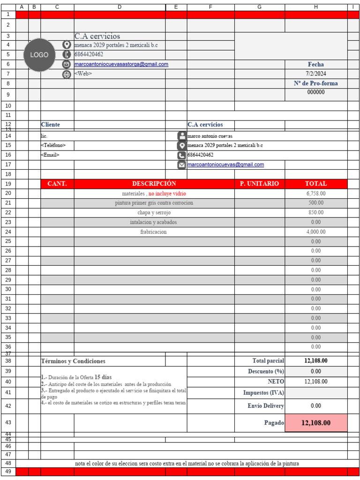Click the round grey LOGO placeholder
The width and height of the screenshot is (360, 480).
click(39, 55)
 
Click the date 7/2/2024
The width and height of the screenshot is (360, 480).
click(316, 74)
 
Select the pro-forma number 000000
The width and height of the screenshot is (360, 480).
click(316, 92)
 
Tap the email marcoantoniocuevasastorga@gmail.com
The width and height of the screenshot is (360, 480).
click(121, 64)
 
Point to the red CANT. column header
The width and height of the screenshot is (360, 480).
click(57, 184)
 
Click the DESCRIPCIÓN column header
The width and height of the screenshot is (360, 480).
click(154, 184)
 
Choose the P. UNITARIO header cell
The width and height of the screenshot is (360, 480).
click(259, 184)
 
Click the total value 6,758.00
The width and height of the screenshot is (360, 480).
click(316, 193)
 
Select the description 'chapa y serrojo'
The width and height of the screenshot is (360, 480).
click(154, 212)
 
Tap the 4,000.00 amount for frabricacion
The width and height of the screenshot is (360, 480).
click(316, 232)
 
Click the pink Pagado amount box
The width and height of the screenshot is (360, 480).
click(316, 423)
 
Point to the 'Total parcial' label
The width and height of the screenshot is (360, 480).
click(268, 361)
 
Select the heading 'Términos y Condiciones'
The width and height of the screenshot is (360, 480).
click(73, 361)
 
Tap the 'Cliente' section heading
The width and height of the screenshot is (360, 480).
click(51, 125)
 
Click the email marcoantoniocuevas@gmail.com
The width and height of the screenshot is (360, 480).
click(225, 165)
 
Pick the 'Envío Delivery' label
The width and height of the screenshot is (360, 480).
click(265, 406)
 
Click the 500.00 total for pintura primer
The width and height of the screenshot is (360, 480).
click(316, 203)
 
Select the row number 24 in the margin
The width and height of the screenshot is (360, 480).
click(8, 232)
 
